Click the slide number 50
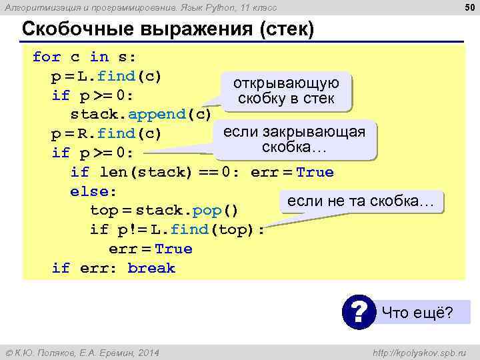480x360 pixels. [469, 7]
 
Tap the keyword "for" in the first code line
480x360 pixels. [46, 57]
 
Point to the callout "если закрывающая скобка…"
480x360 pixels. [294, 139]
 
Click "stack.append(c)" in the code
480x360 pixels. [141, 114]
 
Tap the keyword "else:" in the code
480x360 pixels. [93, 191]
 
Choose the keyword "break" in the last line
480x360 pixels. [151, 268]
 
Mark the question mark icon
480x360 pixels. [359, 311]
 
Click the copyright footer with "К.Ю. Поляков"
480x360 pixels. [82, 352]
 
